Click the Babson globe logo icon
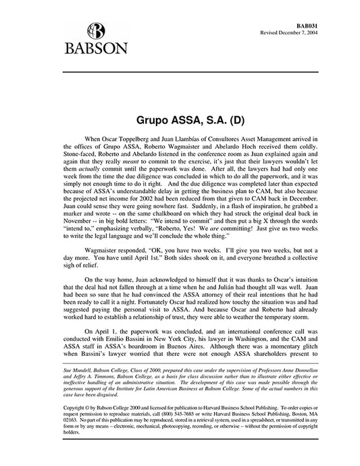pos(95,30)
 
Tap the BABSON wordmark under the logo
pos(95,49)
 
